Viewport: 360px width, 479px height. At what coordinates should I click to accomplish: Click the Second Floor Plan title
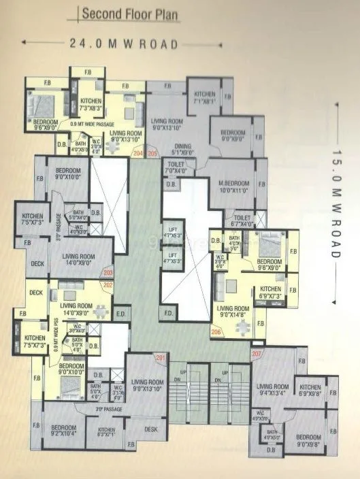[130, 13]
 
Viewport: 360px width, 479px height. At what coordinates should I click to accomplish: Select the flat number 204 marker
[139, 154]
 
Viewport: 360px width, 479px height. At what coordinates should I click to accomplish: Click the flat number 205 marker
[152, 154]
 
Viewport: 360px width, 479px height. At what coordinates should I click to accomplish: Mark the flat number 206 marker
[217, 331]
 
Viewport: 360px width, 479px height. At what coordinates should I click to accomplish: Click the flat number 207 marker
[257, 354]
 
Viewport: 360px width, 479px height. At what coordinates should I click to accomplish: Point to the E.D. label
[120, 314]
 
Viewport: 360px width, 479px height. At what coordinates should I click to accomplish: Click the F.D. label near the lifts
[167, 314]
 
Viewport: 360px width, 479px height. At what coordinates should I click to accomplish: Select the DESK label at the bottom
[151, 429]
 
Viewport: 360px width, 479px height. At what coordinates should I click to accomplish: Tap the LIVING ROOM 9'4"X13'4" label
[274, 389]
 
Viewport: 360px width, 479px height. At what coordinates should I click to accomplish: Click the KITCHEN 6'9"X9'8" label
[310, 390]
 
